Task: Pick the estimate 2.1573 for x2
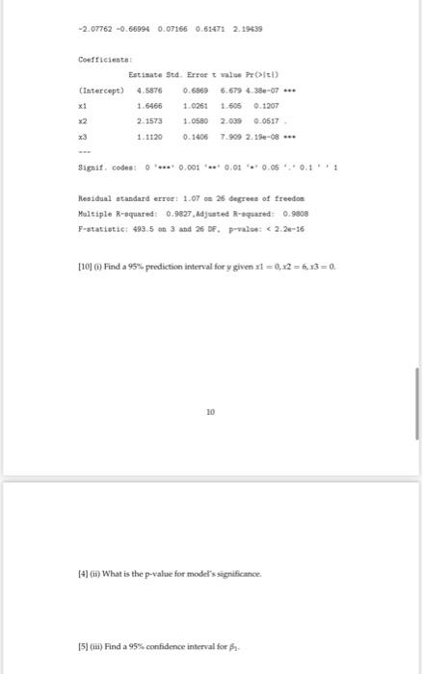tap(148, 124)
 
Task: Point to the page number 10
tap(211, 411)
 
